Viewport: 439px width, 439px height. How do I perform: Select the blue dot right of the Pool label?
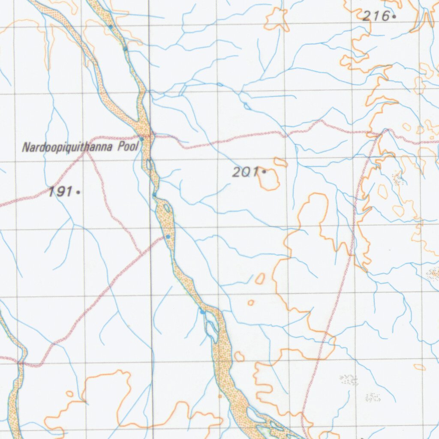(x=142, y=139)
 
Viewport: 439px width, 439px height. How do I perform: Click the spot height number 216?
(x=376, y=17)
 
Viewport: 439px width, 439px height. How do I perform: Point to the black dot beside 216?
(x=394, y=17)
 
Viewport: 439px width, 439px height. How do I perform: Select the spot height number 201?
(x=245, y=172)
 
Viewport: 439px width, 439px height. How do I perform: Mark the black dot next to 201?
(x=264, y=172)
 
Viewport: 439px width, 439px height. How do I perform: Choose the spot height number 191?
(x=60, y=192)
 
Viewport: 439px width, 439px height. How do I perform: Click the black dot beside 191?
(x=78, y=192)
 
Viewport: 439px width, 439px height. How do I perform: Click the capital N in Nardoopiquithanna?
(x=25, y=148)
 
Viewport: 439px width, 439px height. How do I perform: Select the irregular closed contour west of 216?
(x=277, y=20)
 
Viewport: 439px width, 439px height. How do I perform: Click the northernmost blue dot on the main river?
(x=111, y=27)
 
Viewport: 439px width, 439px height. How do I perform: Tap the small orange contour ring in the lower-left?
(x=69, y=394)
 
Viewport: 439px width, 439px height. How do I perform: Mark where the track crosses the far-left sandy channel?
(x=20, y=363)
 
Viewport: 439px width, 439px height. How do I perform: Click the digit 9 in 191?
(x=60, y=192)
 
